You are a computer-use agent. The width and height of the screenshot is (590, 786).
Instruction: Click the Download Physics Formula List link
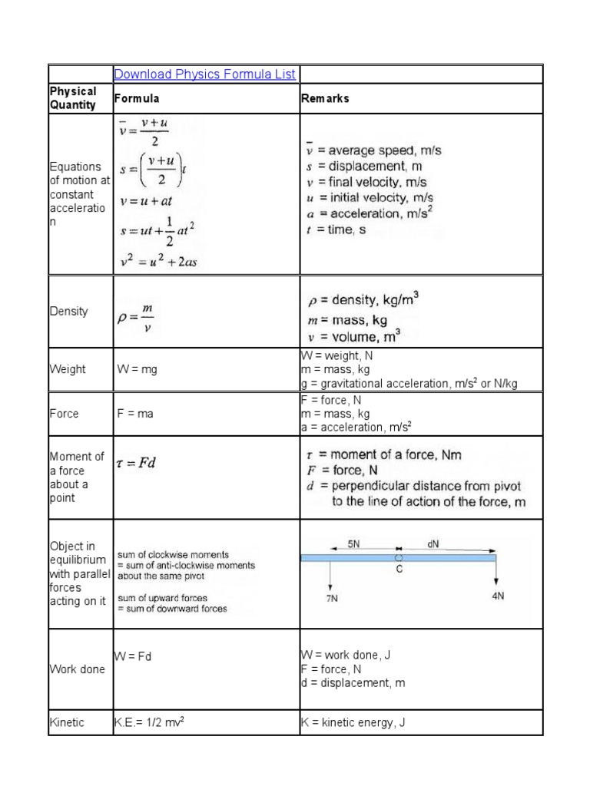click(x=205, y=74)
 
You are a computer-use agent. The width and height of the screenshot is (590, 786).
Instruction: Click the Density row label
click(x=68, y=312)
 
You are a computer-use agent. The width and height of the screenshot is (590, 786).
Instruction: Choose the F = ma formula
click(x=135, y=414)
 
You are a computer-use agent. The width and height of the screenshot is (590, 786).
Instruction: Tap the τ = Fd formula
click(x=138, y=464)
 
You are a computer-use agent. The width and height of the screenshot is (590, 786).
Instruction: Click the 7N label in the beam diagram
click(x=332, y=599)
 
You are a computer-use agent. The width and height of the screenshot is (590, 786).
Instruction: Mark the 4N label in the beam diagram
click(x=498, y=595)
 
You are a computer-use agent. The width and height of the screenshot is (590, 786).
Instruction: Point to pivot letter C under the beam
click(x=399, y=570)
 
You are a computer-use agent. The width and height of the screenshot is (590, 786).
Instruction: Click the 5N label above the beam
click(x=354, y=543)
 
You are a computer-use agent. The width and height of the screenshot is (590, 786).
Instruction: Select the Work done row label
click(x=78, y=669)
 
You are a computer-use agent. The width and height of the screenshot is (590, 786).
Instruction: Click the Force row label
click(x=65, y=414)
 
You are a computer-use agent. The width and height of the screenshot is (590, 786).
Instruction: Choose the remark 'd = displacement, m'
click(x=353, y=683)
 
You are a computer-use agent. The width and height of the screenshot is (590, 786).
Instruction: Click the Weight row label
click(x=68, y=369)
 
